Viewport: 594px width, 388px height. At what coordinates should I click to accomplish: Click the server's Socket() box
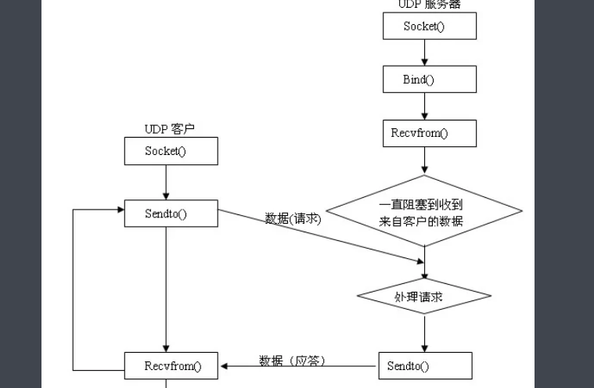429,27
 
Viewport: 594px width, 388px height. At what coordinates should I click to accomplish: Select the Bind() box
429,79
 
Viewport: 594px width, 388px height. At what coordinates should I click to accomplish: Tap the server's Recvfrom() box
429,133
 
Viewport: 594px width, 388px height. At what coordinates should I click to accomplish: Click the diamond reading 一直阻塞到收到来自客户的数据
423,212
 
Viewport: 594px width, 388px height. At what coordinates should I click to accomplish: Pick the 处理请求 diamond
424,296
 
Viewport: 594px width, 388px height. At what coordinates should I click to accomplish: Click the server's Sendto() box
425,365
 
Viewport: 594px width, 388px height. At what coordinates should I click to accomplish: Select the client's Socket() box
171,151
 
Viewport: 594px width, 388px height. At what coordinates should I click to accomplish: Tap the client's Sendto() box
171,214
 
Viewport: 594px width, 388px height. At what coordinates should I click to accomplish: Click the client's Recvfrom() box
171,365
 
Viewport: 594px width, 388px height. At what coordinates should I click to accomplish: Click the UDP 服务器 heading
429,5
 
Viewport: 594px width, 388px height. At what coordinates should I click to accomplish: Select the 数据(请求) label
293,219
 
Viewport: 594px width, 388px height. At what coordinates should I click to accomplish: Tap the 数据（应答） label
291,361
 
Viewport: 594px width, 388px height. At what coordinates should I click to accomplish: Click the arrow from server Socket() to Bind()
425,52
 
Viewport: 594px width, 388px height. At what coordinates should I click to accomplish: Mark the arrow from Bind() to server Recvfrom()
425,106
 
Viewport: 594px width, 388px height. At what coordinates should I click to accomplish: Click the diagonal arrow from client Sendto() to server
321,233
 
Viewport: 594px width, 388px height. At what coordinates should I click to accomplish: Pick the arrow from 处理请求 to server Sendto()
425,332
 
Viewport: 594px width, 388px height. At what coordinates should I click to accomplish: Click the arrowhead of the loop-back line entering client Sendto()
119,209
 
